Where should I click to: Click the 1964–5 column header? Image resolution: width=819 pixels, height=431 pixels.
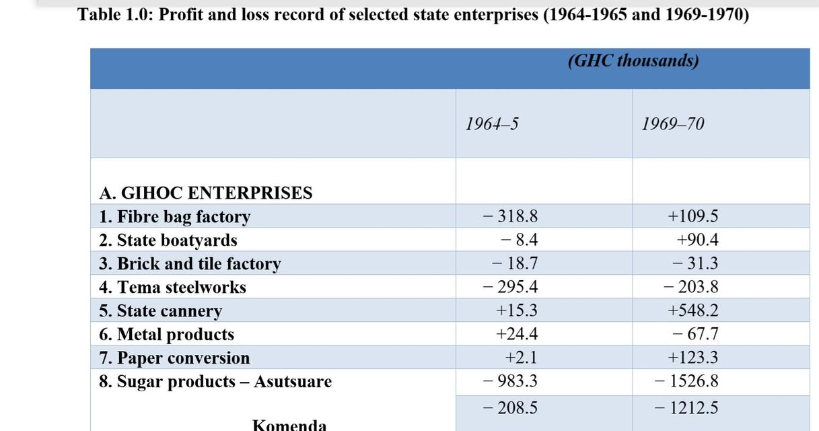(x=492, y=124)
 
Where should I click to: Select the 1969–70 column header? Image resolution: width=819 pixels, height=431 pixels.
(x=672, y=124)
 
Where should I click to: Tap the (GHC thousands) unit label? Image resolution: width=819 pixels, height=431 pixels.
(x=633, y=61)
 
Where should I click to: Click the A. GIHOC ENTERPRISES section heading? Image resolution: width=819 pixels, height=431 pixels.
(x=206, y=193)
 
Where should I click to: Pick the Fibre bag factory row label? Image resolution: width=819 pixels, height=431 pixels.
(x=174, y=217)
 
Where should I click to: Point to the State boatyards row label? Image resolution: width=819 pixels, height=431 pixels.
(x=168, y=240)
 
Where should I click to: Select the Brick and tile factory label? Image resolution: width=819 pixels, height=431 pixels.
(x=190, y=264)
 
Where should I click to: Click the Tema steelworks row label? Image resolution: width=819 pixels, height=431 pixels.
(x=172, y=288)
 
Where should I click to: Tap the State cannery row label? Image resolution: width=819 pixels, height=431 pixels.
(x=160, y=311)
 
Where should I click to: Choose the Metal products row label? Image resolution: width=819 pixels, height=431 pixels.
(x=166, y=335)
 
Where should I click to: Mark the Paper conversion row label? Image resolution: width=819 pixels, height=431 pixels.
(x=174, y=358)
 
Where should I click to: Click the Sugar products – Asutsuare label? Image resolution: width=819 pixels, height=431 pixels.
(x=215, y=382)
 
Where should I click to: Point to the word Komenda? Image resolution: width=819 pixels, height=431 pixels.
(x=289, y=425)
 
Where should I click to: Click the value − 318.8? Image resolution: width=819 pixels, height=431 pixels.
(x=510, y=216)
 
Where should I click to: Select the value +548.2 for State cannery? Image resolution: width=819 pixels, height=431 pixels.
(x=692, y=310)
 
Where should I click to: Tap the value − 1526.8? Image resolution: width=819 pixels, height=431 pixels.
(x=686, y=381)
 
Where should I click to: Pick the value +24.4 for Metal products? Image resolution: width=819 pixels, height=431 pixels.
(x=516, y=334)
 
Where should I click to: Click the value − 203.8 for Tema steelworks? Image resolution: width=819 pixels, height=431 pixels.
(x=690, y=287)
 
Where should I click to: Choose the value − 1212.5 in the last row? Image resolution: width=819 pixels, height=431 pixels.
(x=686, y=407)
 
